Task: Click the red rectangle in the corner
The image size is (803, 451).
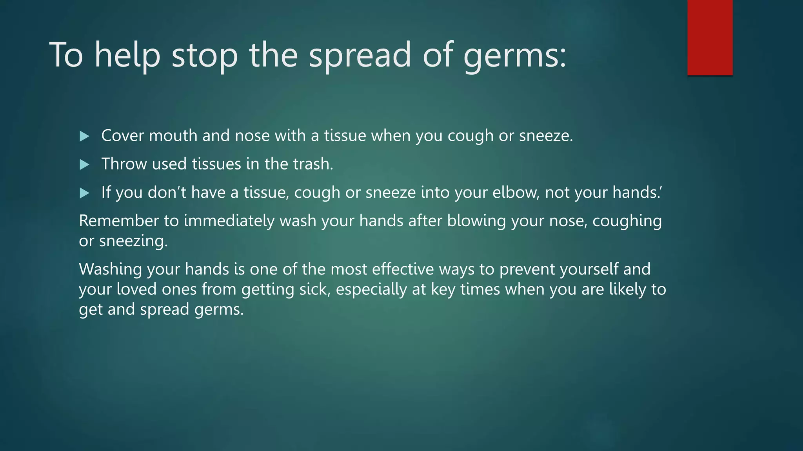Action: click(710, 38)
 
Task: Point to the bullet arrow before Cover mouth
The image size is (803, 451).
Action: click(84, 136)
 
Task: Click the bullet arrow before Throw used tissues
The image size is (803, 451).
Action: click(84, 164)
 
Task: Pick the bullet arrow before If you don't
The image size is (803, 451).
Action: click(84, 193)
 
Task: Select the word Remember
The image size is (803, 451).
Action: click(119, 221)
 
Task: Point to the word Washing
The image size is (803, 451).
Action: click(110, 269)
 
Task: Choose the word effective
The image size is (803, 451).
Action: click(403, 269)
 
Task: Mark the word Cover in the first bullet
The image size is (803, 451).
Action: click(122, 136)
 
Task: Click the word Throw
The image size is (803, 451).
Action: click(124, 164)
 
